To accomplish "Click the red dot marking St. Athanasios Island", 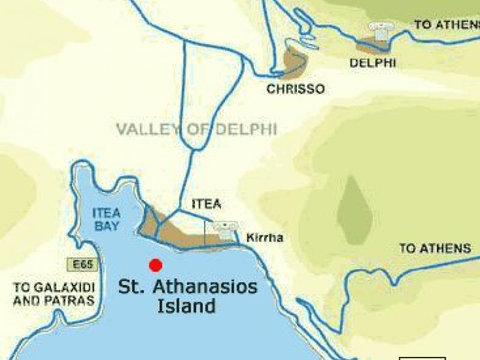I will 156,265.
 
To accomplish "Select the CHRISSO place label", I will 296,89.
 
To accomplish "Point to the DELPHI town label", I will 372,62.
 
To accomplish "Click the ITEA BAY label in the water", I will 107,220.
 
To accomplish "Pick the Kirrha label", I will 265,238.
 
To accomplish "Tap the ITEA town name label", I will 206,205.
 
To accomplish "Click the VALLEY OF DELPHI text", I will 196,129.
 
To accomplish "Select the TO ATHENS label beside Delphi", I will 447,25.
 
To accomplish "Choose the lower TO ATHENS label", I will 435,248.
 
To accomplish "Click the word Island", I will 186,306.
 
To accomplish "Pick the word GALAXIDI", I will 62,287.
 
